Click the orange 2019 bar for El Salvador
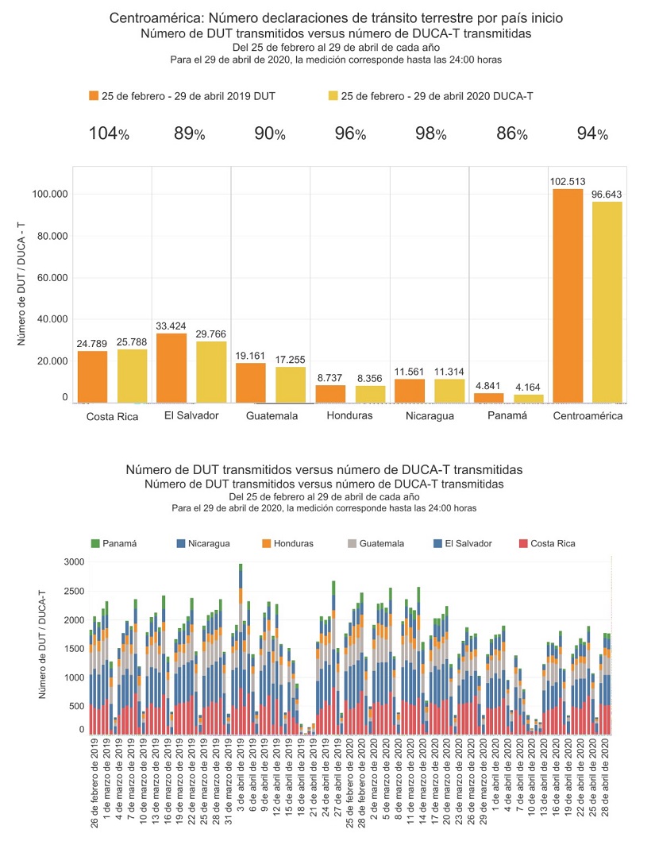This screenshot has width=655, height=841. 171,368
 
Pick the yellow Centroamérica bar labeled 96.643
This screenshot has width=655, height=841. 607,302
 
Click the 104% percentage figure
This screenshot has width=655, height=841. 108,133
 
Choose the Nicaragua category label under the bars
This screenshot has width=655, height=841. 429,416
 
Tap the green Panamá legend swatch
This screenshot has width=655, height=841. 95,543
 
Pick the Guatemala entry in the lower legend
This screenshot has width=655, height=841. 376,543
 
